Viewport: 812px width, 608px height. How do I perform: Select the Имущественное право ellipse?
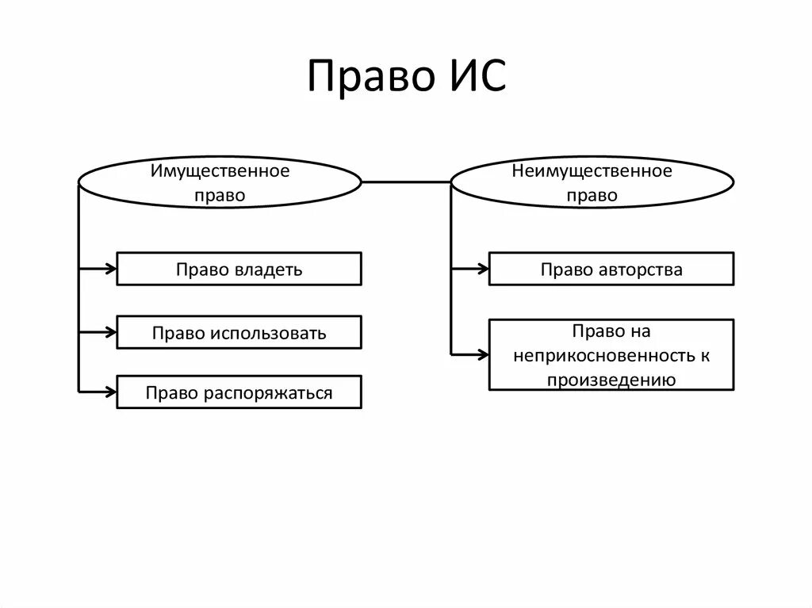[220, 182]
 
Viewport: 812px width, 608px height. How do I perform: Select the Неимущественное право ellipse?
[592, 182]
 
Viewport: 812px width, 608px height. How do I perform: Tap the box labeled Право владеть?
[239, 269]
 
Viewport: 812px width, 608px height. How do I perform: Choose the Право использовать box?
[239, 332]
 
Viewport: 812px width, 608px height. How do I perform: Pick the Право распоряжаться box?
[239, 392]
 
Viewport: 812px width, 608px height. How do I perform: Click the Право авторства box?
[611, 269]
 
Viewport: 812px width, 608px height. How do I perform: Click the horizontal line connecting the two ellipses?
[406, 182]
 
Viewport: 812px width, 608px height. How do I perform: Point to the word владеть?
[269, 270]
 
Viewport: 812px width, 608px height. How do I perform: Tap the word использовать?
[268, 333]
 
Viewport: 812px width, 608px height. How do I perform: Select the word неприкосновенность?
[603, 356]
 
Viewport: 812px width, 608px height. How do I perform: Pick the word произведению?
[611, 380]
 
